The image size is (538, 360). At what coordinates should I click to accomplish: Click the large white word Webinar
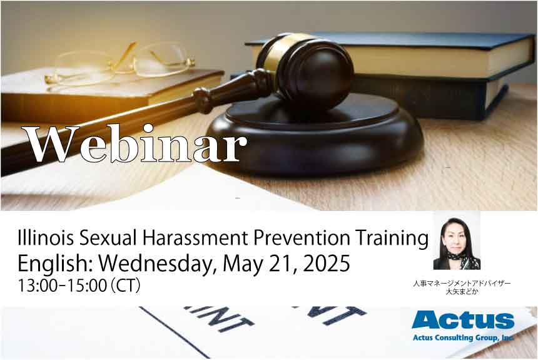(x=134, y=143)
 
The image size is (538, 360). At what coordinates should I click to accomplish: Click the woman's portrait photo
(x=457, y=242)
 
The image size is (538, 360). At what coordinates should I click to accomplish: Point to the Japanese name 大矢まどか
(x=462, y=292)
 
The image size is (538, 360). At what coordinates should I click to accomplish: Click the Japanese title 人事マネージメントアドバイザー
(x=462, y=284)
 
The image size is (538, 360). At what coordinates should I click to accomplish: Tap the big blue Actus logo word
(x=463, y=320)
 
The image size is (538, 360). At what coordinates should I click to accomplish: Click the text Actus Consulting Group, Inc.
(x=463, y=337)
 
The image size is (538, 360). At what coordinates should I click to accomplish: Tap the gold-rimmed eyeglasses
(x=120, y=64)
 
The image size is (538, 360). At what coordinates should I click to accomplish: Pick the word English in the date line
(x=56, y=264)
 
